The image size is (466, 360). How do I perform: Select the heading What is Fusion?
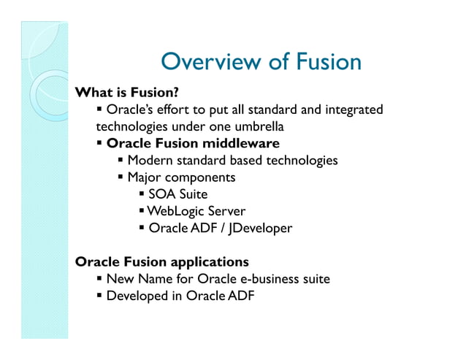(127, 93)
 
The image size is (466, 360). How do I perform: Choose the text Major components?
(181, 177)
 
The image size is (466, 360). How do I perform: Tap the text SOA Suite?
(177, 194)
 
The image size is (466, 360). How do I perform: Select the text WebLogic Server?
(196, 211)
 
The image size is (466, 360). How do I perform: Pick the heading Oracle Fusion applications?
(162, 261)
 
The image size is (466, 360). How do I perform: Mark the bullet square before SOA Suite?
(142, 194)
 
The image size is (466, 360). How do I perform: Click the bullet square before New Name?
(99, 279)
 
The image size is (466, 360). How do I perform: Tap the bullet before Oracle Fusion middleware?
(99, 143)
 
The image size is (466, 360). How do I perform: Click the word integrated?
(353, 110)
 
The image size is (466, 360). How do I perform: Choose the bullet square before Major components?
(121, 177)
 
